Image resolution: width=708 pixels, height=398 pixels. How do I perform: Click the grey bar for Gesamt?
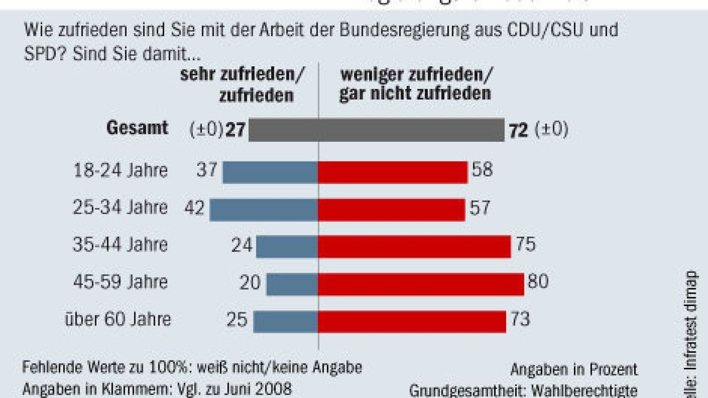point(376,130)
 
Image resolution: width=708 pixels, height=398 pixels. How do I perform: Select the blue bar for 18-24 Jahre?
point(270,172)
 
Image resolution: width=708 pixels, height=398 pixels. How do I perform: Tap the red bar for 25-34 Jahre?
point(391,209)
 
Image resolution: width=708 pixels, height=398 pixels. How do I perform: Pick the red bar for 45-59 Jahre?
point(421,284)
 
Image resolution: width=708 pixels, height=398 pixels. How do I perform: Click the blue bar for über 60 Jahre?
point(286,321)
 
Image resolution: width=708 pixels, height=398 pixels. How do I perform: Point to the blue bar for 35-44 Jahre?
point(287,246)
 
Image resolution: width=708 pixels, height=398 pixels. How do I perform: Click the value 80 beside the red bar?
point(537,282)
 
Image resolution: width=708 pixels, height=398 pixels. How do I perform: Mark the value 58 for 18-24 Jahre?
point(481,171)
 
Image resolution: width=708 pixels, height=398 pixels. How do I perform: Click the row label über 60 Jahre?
point(119,320)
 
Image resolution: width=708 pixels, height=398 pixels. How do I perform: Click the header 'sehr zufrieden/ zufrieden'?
point(255,85)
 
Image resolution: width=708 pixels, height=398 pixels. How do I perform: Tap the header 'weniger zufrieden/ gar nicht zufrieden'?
point(415,85)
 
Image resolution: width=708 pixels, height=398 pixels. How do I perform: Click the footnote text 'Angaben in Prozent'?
point(573,370)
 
